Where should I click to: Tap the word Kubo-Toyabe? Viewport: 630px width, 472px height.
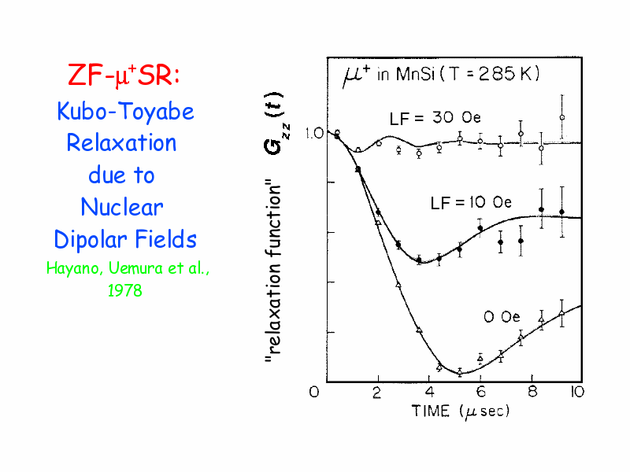pyautogui.click(x=125, y=111)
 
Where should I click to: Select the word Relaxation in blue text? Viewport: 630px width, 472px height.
pyautogui.click(x=121, y=143)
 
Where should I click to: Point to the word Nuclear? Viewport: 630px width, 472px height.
pyautogui.click(x=121, y=207)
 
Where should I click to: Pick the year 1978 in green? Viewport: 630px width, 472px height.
pyautogui.click(x=125, y=290)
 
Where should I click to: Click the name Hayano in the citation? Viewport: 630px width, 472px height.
pyautogui.click(x=71, y=268)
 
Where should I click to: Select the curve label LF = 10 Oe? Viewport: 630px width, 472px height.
pyautogui.click(x=471, y=203)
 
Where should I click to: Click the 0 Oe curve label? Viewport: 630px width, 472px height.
pyautogui.click(x=502, y=317)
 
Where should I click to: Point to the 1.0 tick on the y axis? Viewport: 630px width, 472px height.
pyautogui.click(x=314, y=133)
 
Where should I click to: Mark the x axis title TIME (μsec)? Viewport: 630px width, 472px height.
pyautogui.click(x=461, y=411)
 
